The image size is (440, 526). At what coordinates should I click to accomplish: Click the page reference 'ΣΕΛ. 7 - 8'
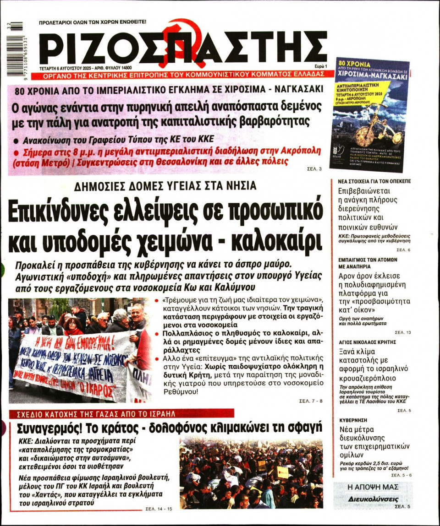point(311,401)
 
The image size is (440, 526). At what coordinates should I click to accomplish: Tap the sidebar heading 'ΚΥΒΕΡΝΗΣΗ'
point(353,420)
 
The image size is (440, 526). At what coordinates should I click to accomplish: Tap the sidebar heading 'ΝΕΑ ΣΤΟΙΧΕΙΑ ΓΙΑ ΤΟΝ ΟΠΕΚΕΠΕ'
point(374,181)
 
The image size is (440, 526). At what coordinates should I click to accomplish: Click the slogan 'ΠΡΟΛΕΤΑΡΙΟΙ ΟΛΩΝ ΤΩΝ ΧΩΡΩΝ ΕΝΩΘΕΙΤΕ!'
point(93,22)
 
